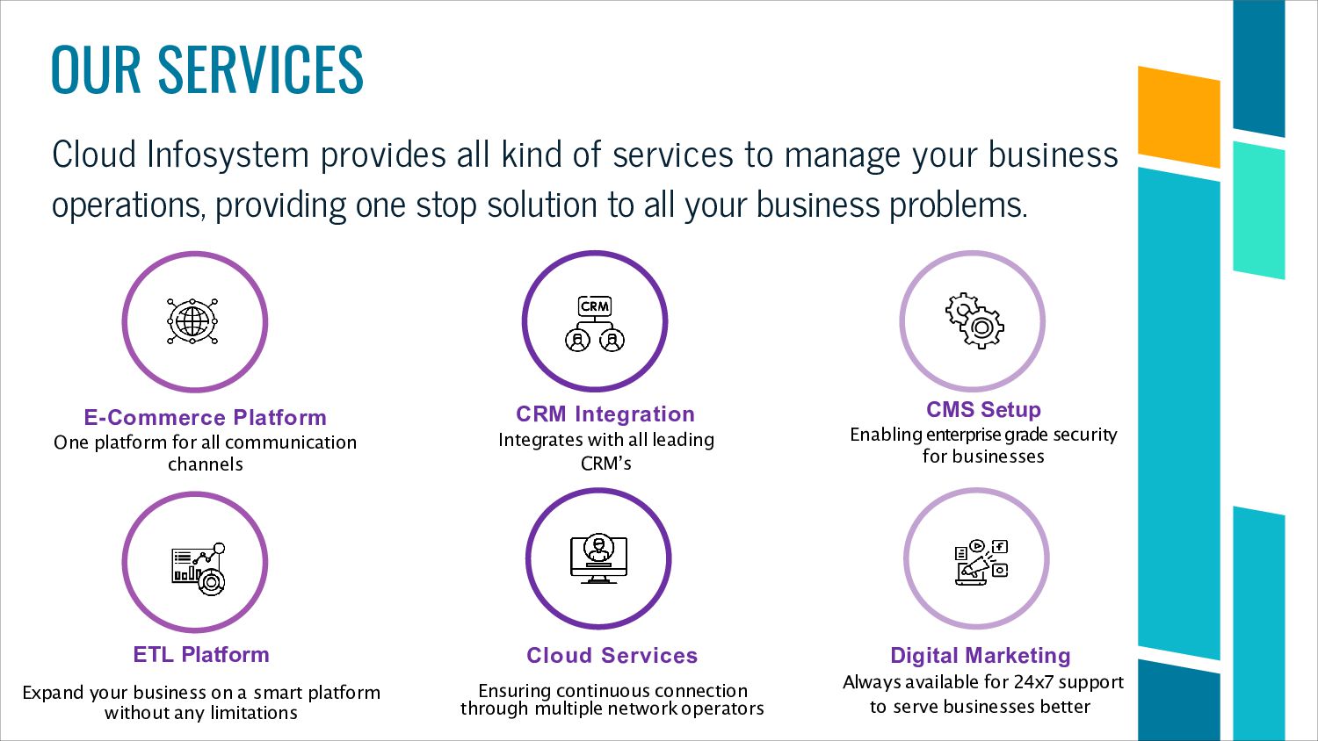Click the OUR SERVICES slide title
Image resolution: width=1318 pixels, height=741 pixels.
click(x=207, y=69)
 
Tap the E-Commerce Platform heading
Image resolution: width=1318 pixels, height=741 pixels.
click(x=205, y=417)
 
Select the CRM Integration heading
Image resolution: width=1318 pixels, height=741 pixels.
click(x=605, y=414)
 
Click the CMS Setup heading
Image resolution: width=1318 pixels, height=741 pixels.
click(x=983, y=409)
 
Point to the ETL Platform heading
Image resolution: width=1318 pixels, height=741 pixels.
click(x=201, y=654)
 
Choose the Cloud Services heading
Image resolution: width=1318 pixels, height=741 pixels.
click(x=612, y=655)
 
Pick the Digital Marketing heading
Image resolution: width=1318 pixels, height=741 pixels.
click(x=980, y=655)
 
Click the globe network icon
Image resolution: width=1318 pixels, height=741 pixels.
click(x=192, y=321)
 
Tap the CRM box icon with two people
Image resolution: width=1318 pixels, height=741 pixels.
click(x=595, y=323)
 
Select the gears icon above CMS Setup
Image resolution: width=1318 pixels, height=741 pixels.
click(x=974, y=320)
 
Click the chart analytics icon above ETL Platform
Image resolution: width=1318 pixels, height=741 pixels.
click(x=199, y=568)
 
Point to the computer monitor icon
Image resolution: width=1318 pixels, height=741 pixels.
click(x=598, y=558)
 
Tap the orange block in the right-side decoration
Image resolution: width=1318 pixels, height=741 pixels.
click(x=1178, y=117)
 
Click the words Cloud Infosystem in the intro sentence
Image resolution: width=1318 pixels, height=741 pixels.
click(x=180, y=155)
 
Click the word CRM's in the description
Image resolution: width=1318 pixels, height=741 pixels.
click(x=605, y=463)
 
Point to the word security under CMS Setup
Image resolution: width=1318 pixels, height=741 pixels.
click(x=1086, y=434)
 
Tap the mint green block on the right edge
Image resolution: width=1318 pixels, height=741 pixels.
click(x=1258, y=211)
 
